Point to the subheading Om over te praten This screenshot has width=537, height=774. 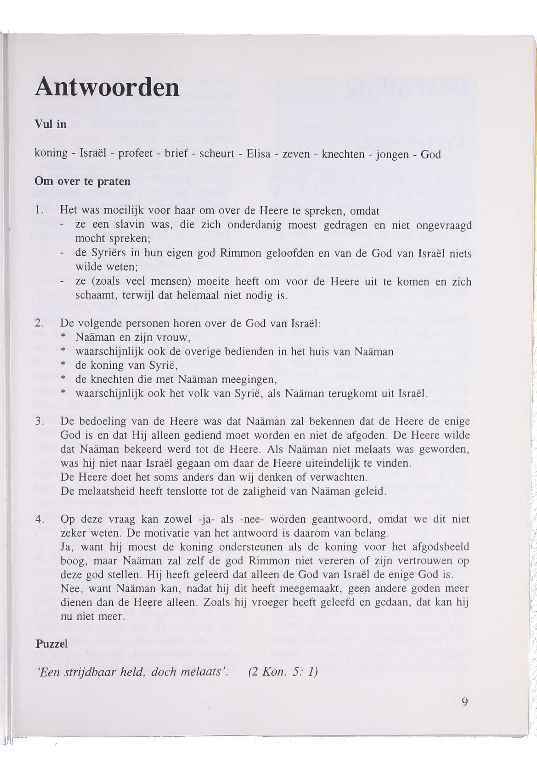(82, 182)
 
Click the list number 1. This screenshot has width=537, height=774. (39, 212)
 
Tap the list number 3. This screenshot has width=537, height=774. (39, 421)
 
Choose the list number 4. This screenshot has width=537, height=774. (39, 519)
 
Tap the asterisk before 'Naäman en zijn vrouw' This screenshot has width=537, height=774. (63, 338)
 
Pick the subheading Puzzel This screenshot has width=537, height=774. (52, 644)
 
